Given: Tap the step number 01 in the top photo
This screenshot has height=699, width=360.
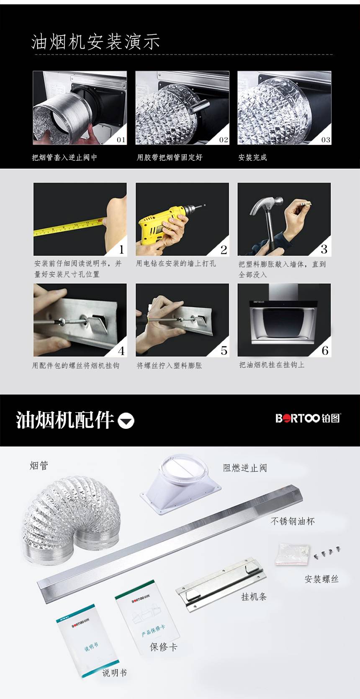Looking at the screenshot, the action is tap(121, 140).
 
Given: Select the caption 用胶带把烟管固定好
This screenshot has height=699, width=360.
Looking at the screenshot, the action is tap(170, 157).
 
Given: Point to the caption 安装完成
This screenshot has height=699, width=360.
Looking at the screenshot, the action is tap(253, 157).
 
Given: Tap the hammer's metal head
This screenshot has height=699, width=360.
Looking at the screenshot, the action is tap(267, 205).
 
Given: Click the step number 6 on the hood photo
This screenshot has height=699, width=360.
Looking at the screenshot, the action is tap(325, 351).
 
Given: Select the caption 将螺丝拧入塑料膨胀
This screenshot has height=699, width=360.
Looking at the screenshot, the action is tap(169, 365).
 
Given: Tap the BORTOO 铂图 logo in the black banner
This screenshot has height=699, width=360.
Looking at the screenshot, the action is tap(308, 418).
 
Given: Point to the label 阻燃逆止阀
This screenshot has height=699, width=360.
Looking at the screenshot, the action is tap(245, 468).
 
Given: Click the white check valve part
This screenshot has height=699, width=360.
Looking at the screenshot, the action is tap(181, 483).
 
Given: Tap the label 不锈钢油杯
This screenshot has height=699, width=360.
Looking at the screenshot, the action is tap(293, 521).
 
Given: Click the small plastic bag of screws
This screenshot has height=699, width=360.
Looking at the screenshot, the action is tap(292, 554).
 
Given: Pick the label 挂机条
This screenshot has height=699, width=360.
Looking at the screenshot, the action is tap(254, 597).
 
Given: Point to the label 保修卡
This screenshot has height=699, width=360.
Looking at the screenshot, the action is tap(163, 647).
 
